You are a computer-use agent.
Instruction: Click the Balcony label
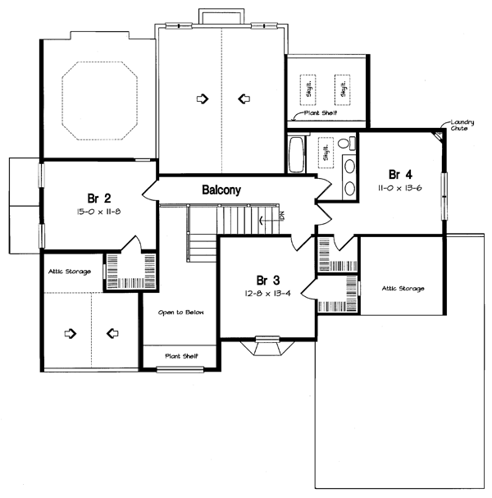point(221,190)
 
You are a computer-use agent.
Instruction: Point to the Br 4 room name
point(401,174)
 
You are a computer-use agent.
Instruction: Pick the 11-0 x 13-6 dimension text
point(401,188)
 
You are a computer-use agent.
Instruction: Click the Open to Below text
point(181,313)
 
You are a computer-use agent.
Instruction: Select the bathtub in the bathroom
point(296,154)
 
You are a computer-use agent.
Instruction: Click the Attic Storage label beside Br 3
point(402,288)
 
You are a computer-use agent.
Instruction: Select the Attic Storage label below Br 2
point(69,271)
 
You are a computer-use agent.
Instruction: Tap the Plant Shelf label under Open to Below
point(181,355)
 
